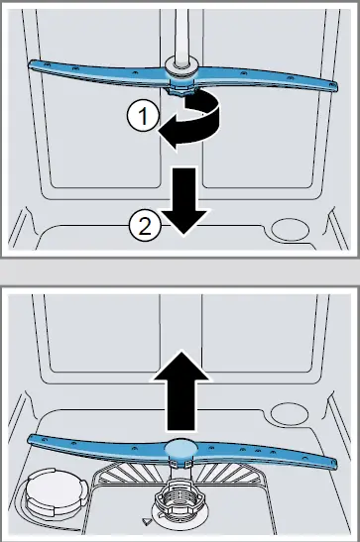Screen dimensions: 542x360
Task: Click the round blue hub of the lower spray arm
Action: [180, 449]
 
